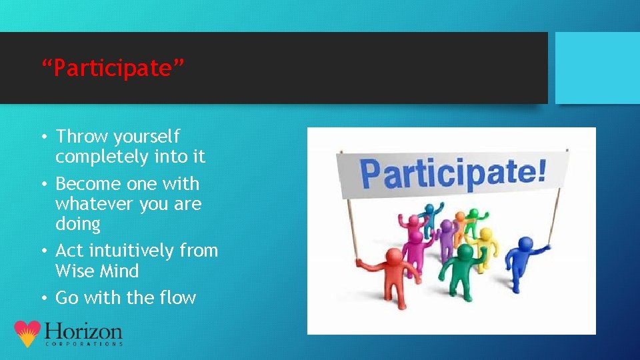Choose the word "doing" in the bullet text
(x=77, y=224)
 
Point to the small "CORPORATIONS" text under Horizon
(x=83, y=344)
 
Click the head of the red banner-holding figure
(x=394, y=256)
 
